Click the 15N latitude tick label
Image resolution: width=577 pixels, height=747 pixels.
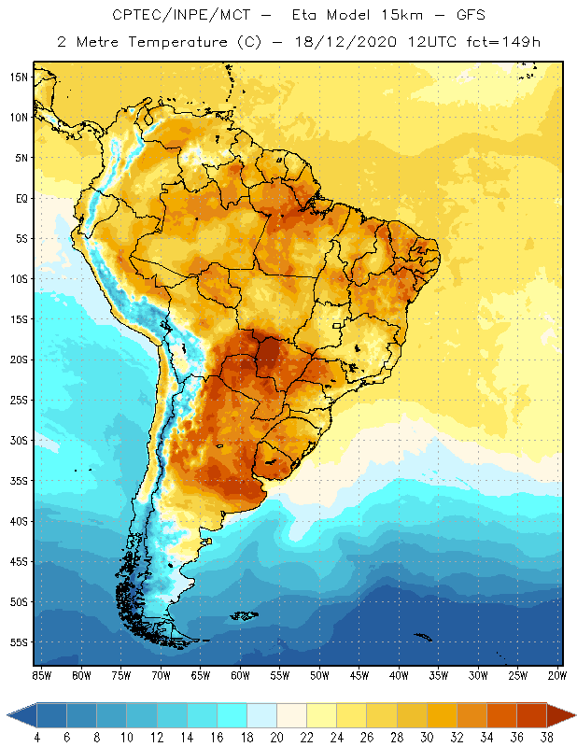tap(18, 77)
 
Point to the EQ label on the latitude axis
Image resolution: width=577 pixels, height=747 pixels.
tap(19, 198)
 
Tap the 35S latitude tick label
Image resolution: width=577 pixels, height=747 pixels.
tap(18, 481)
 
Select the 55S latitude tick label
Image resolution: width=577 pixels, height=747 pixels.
tap(18, 642)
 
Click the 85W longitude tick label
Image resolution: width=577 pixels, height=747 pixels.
tap(41, 674)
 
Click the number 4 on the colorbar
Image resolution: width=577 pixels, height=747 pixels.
tap(37, 737)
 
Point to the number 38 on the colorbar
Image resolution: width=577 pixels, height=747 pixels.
tap(546, 737)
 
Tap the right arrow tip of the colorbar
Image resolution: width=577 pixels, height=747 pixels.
tap(573, 715)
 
